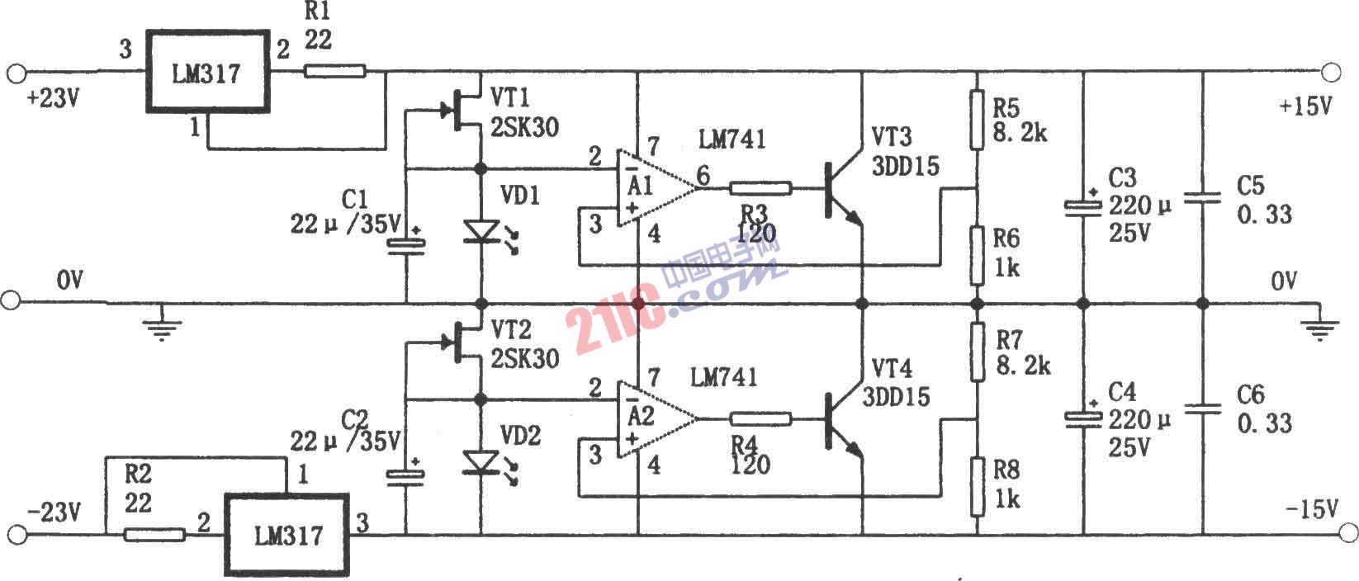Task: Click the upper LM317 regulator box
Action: tap(208, 73)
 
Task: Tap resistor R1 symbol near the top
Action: tap(334, 72)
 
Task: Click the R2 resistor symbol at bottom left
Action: tap(154, 535)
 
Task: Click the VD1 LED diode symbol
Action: tap(481, 231)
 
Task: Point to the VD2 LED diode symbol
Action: tap(481, 462)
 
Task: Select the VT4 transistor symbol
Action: tap(842, 422)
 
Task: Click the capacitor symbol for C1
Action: tap(405, 243)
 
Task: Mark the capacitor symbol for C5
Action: tap(1202, 198)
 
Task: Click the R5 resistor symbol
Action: tap(977, 120)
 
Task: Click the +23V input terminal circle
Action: tap(14, 73)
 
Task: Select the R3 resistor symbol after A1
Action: tap(760, 188)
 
